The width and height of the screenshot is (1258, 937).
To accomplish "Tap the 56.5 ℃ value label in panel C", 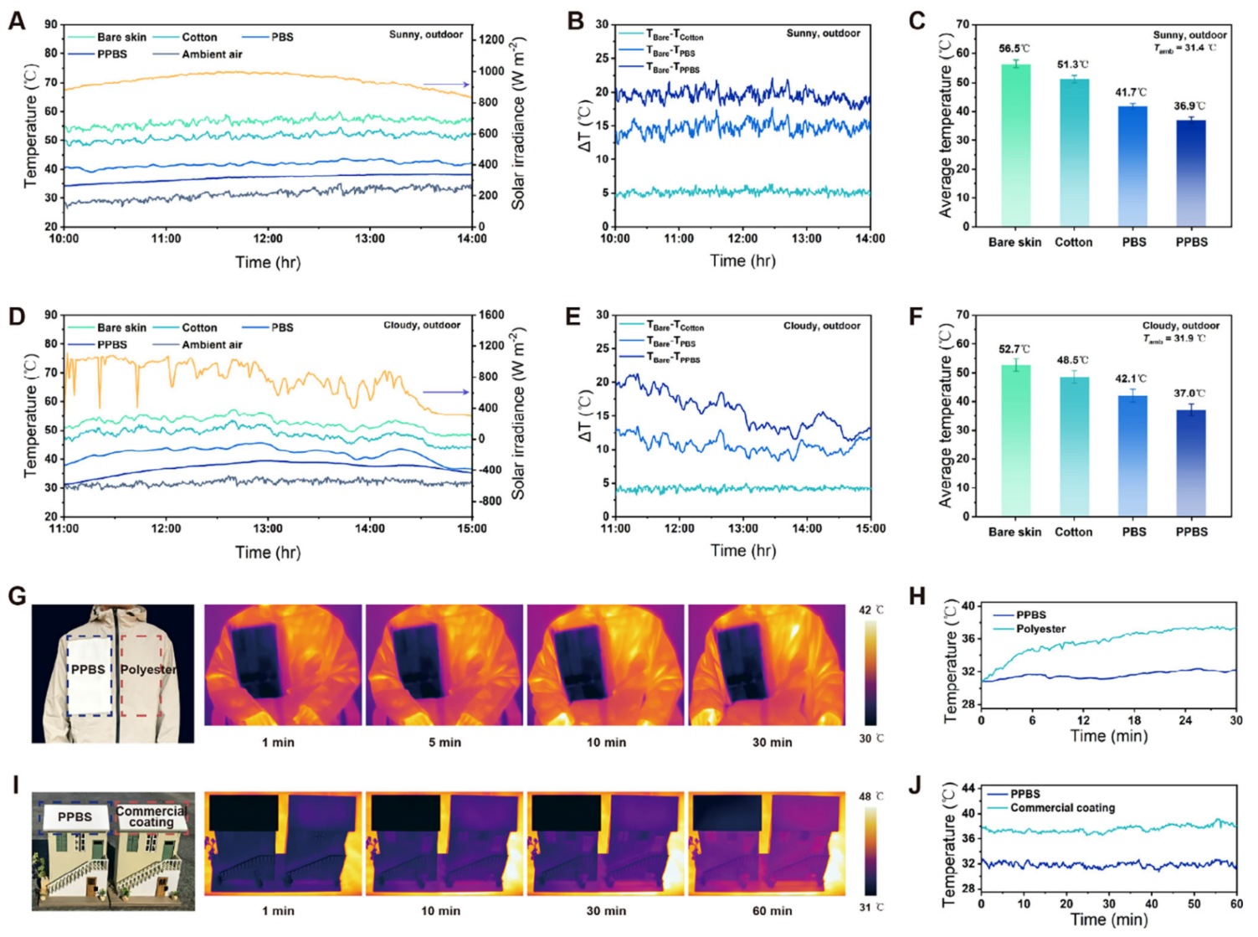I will [x=1014, y=49].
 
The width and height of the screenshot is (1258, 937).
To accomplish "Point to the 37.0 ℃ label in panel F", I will [x=1189, y=393].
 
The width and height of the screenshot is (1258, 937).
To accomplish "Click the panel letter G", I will [x=17, y=596].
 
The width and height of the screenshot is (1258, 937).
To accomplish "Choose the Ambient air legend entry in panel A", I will [x=212, y=54].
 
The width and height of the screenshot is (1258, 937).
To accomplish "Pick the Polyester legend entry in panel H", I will [x=1040, y=629].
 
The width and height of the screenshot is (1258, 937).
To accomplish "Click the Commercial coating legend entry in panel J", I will [x=1062, y=808].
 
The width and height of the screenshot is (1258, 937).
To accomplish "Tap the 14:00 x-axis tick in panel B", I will [x=870, y=239].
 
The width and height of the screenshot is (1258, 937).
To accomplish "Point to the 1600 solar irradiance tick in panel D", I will [x=491, y=315].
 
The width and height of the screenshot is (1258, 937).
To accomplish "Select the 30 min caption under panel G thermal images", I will [x=772, y=742].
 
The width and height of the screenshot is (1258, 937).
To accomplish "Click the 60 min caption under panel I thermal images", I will [x=772, y=910].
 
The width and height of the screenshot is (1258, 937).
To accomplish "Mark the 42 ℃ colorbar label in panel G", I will [x=870, y=610].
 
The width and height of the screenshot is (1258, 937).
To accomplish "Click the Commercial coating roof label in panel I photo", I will [x=151, y=816].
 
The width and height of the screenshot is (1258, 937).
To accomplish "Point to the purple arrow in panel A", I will [x=445, y=85].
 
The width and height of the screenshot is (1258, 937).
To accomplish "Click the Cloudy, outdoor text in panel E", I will [x=821, y=326].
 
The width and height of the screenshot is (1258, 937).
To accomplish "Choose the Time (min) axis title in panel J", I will [x=1108, y=919].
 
